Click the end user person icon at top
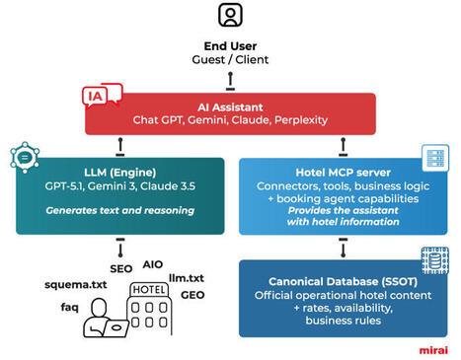(x=230, y=16)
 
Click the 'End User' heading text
(x=230, y=44)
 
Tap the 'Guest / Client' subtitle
(x=230, y=59)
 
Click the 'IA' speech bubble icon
(x=100, y=96)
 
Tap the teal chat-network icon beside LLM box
(x=22, y=158)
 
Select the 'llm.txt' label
(x=186, y=278)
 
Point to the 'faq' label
(x=70, y=307)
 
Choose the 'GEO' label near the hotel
(x=192, y=294)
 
